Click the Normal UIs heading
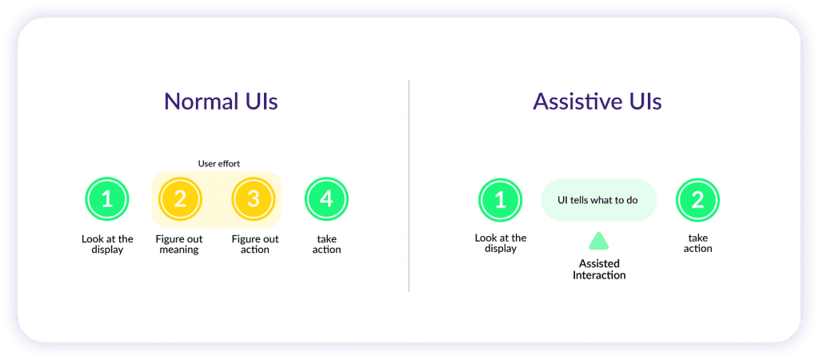221,102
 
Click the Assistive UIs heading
597,102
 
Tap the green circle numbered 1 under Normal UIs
106,199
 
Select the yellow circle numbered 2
180,199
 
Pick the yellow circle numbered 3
254,199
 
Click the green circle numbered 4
326,199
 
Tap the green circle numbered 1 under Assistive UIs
501,200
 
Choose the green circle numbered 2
697,200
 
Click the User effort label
219,163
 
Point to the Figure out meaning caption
179,244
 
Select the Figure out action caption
255,244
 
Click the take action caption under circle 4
326,244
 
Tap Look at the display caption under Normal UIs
107,244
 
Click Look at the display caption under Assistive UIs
501,243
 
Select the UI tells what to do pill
598,200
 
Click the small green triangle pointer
599,242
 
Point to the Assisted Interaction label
599,269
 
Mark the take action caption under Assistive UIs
697,243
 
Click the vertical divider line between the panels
409,186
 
